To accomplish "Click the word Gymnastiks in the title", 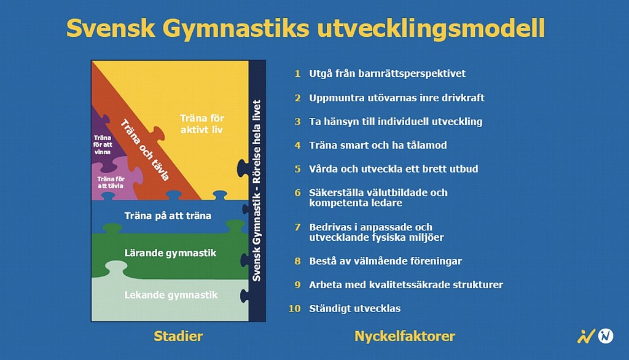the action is point(235,29).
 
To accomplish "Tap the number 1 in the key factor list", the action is point(297,74).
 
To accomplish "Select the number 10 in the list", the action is point(294,308).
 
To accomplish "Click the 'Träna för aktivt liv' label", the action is point(201,123).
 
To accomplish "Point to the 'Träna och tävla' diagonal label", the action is point(145,150).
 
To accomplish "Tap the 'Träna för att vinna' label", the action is point(103,144).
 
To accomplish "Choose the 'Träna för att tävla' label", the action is point(111,182).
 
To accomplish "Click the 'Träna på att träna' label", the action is point(168,216).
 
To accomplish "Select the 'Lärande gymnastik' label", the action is point(171,253).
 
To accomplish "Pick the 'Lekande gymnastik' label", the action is point(171,295).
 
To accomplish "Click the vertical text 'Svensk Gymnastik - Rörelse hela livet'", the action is point(257,190).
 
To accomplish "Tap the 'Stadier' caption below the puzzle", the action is point(178,336).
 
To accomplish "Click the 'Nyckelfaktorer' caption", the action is point(405,336).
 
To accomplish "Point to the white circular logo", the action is point(606,336).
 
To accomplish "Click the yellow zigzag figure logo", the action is point(585,336).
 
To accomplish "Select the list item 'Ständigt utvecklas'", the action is point(354,308).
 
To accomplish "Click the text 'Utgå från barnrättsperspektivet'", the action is point(387,74).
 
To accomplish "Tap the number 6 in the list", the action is point(297,193).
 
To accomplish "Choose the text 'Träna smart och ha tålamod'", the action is point(378,145).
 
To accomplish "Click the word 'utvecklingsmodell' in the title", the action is point(431,29).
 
